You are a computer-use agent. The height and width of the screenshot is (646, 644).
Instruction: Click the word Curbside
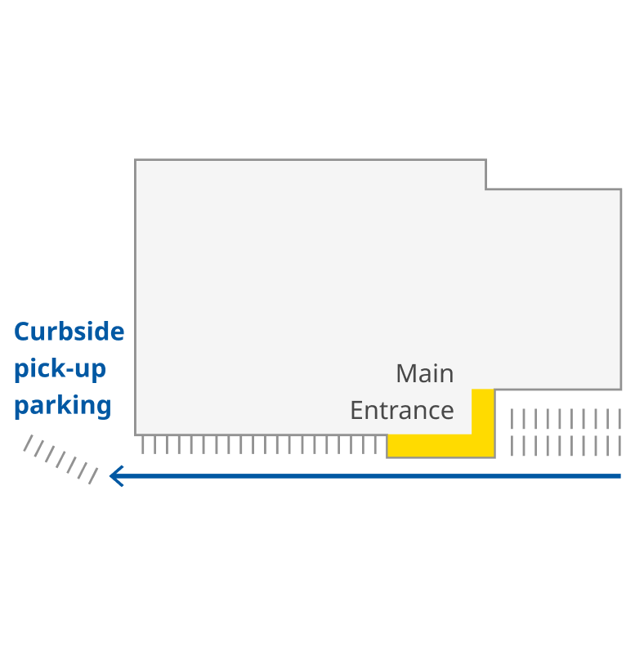click(69, 332)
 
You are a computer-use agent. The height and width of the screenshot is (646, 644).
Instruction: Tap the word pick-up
click(60, 368)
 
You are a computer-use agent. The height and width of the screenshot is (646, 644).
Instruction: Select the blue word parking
click(63, 405)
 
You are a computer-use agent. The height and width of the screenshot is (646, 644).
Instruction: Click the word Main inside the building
click(424, 373)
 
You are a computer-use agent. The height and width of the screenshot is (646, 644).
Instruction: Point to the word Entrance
click(401, 409)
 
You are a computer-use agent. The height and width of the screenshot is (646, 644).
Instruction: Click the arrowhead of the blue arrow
click(116, 475)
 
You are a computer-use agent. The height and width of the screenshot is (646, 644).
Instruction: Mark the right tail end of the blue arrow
click(619, 475)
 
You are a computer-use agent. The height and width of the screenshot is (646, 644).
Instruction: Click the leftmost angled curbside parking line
click(28, 443)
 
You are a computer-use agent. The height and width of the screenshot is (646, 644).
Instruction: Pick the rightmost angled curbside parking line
click(93, 474)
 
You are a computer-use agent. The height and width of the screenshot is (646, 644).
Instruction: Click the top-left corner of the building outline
click(136, 160)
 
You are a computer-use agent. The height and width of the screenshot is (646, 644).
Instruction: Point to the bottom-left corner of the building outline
click(136, 434)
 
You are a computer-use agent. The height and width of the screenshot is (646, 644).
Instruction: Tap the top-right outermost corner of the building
click(621, 189)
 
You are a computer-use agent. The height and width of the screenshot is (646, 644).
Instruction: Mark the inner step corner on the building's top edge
click(486, 189)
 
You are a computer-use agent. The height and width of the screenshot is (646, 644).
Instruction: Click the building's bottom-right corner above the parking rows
click(621, 389)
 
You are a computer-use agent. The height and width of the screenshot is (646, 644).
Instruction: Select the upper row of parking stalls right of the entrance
click(566, 418)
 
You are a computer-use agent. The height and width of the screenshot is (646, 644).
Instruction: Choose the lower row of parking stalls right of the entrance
click(566, 446)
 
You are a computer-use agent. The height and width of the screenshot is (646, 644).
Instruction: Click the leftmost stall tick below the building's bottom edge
click(143, 444)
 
